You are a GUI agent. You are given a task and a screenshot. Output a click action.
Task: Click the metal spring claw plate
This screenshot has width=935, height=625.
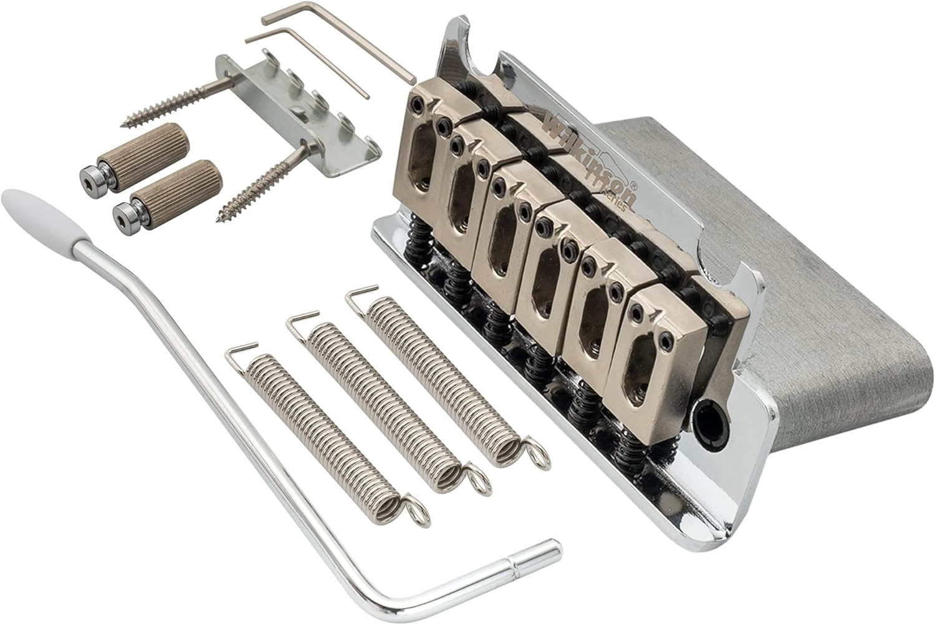coord(293,106)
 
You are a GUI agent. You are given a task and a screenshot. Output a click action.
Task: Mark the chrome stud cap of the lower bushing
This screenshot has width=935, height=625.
coord(123,218)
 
